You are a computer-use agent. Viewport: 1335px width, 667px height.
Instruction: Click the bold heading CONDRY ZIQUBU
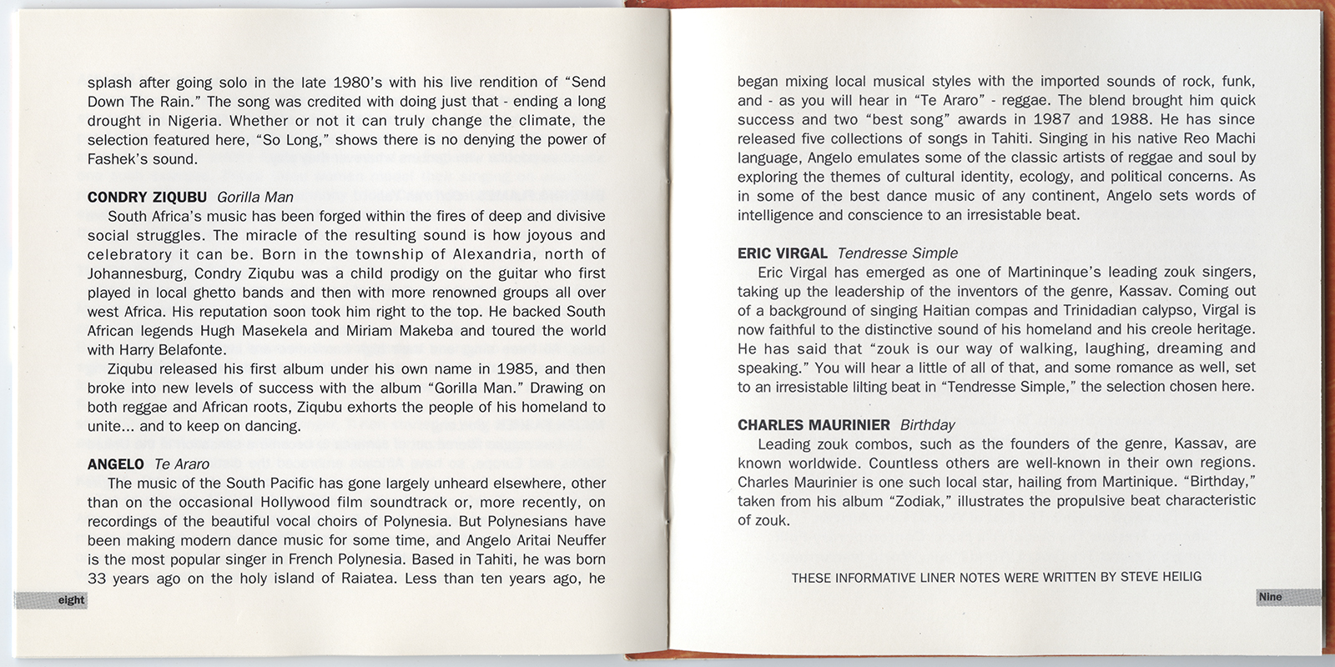(x=147, y=198)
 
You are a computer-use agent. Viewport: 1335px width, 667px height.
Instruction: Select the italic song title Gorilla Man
(x=254, y=198)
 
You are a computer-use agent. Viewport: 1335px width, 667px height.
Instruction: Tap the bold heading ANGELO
(x=115, y=464)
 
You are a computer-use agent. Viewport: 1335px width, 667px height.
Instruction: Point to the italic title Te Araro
(x=181, y=464)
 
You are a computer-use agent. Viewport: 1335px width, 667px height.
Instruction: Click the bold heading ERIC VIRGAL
(x=782, y=253)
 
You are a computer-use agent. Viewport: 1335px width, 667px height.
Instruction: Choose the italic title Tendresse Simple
(x=897, y=253)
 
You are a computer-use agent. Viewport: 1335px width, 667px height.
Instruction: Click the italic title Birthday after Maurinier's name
(x=928, y=425)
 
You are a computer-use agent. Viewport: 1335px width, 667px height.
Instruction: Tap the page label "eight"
(x=71, y=600)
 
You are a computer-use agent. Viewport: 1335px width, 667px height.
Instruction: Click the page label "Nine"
(x=1270, y=597)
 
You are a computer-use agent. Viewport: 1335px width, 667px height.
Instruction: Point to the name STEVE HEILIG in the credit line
(x=1161, y=577)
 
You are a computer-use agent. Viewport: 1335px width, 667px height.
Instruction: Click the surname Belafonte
(x=193, y=350)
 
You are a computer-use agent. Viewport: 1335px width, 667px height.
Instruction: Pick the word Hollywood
(x=299, y=502)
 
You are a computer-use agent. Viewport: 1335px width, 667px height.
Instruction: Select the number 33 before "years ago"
(x=97, y=579)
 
